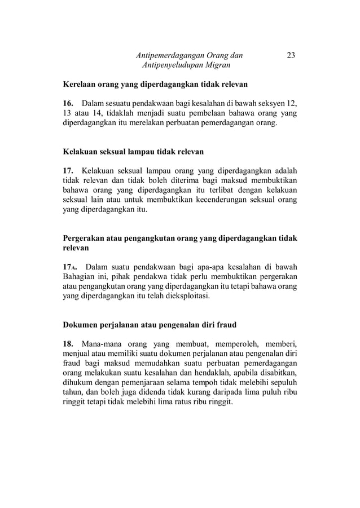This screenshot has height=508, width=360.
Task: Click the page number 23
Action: click(291, 55)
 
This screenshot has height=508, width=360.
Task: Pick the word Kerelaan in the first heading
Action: click(80, 85)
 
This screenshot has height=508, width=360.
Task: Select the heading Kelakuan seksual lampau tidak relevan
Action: click(133, 151)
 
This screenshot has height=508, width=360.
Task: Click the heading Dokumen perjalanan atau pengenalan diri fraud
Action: click(149, 324)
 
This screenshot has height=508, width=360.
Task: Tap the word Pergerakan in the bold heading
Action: click(85, 237)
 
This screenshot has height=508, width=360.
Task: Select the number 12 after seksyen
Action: click(292, 104)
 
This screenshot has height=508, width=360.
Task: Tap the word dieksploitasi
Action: click(182, 296)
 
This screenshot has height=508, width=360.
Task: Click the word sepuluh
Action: click(284, 383)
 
